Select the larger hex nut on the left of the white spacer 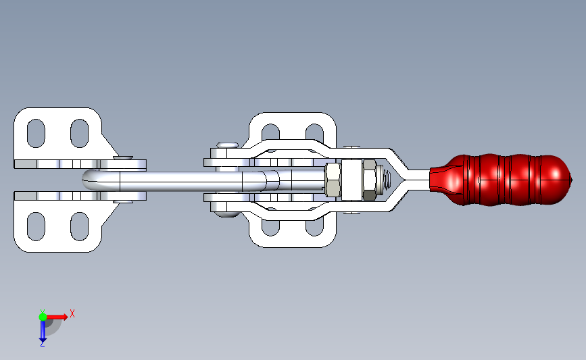(x=333, y=180)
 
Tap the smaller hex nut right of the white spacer (x=370, y=180)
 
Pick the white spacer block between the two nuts (x=351, y=180)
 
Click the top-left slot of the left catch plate (x=36, y=132)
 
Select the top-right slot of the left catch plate (x=79, y=132)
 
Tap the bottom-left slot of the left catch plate (x=36, y=227)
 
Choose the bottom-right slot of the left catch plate (x=79, y=227)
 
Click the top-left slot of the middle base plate (x=270, y=131)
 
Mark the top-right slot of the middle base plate (x=314, y=131)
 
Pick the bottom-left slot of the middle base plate (x=270, y=228)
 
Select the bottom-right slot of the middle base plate (x=314, y=228)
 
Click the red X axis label (x=72, y=313)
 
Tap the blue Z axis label (x=42, y=344)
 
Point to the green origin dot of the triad (x=43, y=315)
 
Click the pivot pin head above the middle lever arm (x=227, y=145)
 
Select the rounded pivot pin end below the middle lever (x=228, y=215)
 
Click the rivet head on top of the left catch (x=124, y=157)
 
